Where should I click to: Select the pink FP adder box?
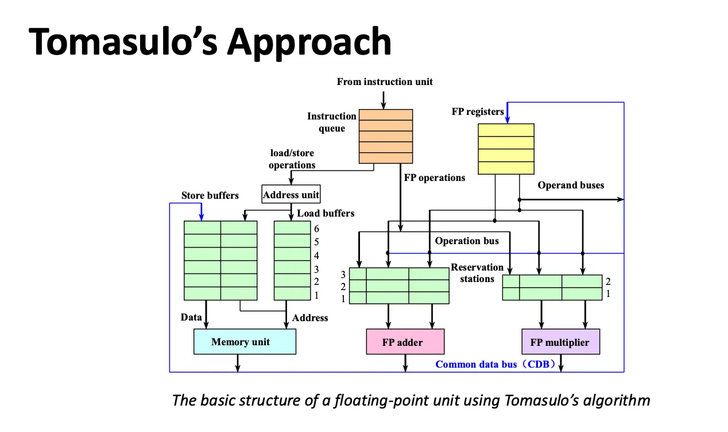405,342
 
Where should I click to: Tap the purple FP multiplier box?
560,342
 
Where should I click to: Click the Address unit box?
291,195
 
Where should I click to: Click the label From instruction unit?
385,82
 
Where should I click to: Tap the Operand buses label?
571,185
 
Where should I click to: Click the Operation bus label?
466,241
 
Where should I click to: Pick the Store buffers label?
210,195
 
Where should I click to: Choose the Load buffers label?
326,213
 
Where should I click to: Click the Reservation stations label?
477,273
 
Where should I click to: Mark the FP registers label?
478,111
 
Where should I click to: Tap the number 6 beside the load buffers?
316,229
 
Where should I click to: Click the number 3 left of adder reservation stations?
343,274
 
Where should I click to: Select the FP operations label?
435,178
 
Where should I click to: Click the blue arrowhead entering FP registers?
507,120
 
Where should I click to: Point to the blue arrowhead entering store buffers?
201,217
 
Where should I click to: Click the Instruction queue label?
332,122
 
